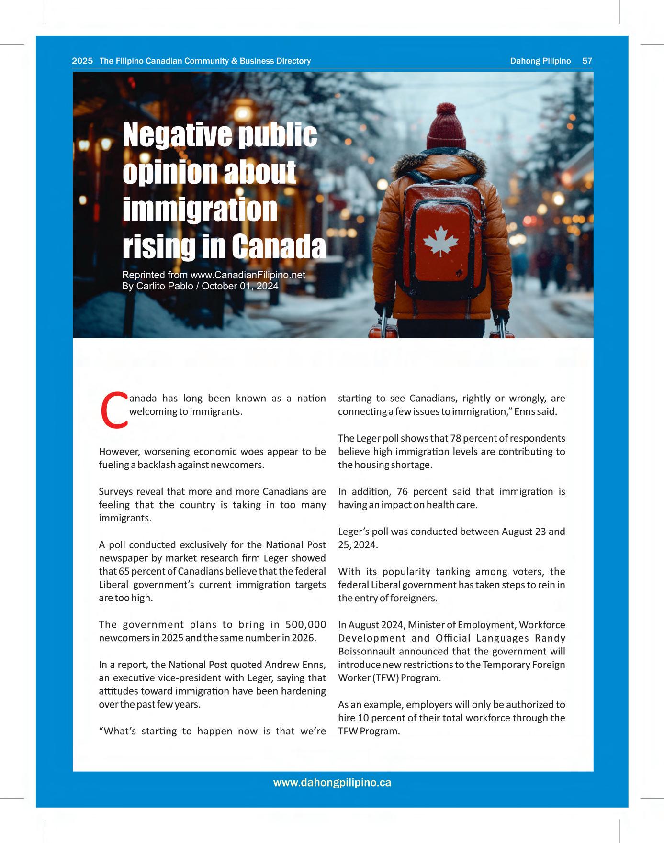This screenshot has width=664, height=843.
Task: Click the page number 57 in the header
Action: pyautogui.click(x=587, y=61)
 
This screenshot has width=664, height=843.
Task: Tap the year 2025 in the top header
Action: pyautogui.click(x=82, y=61)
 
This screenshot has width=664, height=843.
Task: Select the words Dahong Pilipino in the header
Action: pyautogui.click(x=540, y=61)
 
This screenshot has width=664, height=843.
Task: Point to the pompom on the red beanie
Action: pyautogui.click(x=446, y=109)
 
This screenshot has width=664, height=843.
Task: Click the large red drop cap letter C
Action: pyautogui.click(x=114, y=410)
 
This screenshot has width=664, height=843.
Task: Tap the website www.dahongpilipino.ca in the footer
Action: pyautogui.click(x=332, y=783)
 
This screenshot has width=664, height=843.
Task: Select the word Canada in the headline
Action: pyautogui.click(x=279, y=246)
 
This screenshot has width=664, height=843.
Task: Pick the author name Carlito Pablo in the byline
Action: pyautogui.click(x=164, y=286)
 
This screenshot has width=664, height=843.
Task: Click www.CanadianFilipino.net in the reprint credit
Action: pyautogui.click(x=248, y=275)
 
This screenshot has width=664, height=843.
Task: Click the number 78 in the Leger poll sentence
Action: pyautogui.click(x=456, y=438)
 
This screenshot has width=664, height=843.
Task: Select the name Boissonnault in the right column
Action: pyautogui.click(x=367, y=651)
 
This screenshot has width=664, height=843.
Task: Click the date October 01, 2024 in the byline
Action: pyautogui.click(x=240, y=286)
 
